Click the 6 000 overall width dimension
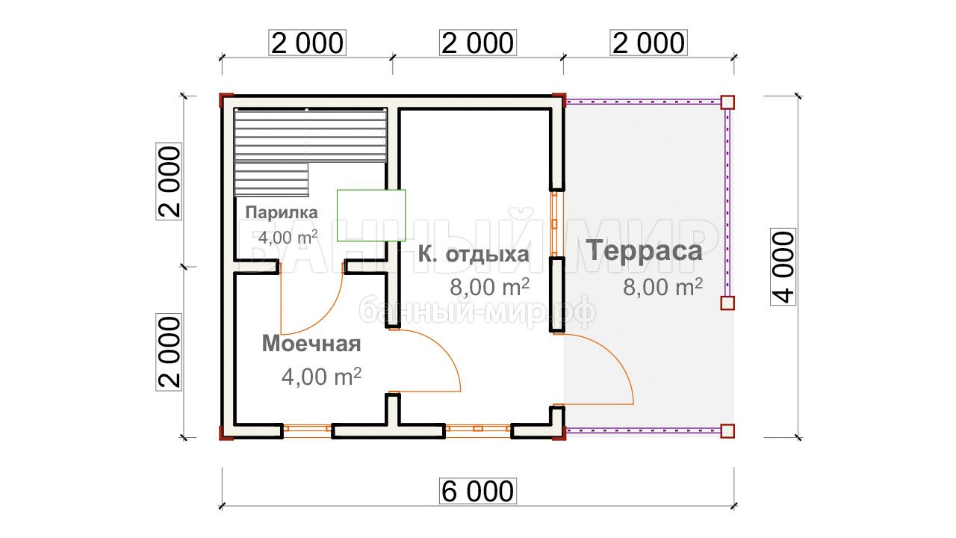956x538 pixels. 478,491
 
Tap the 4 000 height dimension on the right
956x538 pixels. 783,267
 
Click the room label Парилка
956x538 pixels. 282,213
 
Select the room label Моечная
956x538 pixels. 311,344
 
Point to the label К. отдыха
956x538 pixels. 474,255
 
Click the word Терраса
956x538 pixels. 644,250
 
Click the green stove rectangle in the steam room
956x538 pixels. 371,216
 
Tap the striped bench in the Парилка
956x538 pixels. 311,152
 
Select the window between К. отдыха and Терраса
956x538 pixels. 555,223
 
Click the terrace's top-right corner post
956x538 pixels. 727,102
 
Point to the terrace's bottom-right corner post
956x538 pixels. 727,431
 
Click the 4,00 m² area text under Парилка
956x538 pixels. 288,237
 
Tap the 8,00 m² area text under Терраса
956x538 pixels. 662,287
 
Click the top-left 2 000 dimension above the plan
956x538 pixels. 307,43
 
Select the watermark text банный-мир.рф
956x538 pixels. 478,311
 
